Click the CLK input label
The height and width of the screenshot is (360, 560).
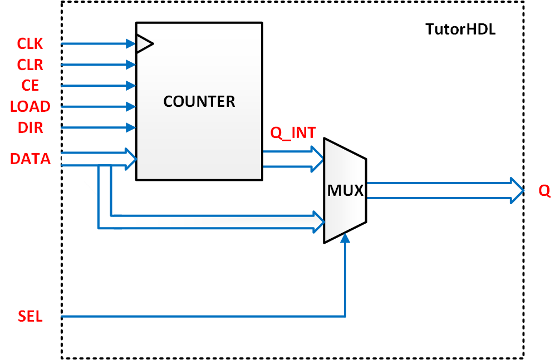[30, 43]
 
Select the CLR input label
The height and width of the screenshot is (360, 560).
[30, 65]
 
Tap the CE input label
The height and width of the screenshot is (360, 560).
[30, 85]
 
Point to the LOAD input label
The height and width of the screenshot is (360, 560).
[30, 106]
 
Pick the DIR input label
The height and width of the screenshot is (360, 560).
[30, 127]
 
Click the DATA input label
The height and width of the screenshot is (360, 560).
[30, 159]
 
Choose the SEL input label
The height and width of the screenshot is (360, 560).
[30, 317]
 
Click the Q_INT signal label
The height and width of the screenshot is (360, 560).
[293, 133]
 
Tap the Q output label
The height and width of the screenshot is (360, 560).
[544, 191]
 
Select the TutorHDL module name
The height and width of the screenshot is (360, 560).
[460, 29]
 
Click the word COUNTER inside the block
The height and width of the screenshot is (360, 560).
[199, 102]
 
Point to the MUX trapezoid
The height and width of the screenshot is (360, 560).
[345, 190]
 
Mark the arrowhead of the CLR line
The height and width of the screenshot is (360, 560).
[132, 65]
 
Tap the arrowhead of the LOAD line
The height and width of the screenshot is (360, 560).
[132, 106]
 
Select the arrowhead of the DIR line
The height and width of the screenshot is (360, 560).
[132, 127]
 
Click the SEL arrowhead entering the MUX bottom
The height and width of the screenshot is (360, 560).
[346, 238]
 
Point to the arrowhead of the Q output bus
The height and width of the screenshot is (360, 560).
[517, 191]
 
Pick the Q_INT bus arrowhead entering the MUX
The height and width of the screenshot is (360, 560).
[318, 159]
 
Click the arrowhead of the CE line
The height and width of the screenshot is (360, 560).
[132, 85]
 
